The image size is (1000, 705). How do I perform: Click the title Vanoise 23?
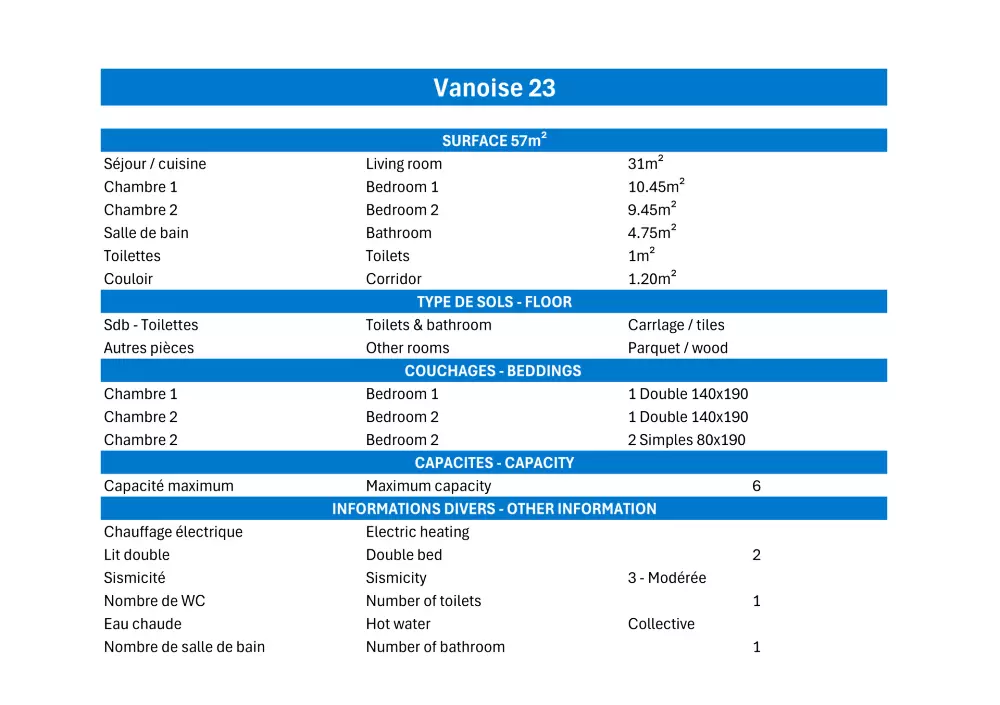point(494,88)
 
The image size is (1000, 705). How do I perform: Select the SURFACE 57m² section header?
point(494,141)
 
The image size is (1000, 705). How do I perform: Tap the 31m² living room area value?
point(646,164)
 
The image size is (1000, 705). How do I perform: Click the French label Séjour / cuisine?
point(155,164)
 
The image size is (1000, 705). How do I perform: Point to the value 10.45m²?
point(656,187)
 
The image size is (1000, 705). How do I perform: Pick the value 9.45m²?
point(652,210)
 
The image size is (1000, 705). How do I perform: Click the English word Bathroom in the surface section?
point(399,233)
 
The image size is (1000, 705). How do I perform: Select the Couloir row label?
point(128,279)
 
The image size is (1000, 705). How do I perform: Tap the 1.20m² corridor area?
point(652,279)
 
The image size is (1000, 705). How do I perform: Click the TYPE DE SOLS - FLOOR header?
point(494,302)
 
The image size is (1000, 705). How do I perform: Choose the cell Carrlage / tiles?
point(676,325)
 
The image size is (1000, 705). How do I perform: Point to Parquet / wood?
point(678,348)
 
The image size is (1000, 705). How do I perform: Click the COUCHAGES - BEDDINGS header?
point(493,371)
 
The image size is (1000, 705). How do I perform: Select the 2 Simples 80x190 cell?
point(687,440)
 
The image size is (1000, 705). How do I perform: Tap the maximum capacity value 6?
point(757,486)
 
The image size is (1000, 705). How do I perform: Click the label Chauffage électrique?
point(173,532)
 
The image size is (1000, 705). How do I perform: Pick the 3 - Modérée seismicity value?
point(667,578)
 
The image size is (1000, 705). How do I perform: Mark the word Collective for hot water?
point(661,624)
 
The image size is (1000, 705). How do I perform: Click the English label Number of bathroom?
point(435,647)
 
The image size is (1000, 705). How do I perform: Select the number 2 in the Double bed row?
point(757,555)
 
